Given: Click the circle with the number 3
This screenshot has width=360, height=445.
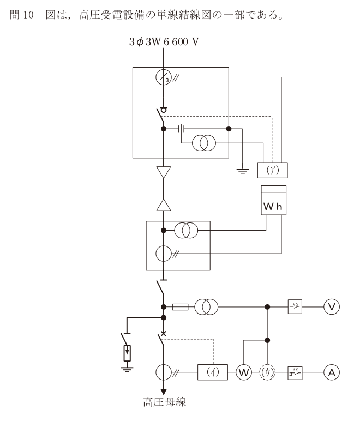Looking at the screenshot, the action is point(164,70).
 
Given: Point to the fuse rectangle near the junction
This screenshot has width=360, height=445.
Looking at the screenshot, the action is point(181,307).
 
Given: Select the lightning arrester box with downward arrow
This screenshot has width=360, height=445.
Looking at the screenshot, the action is point(127,353).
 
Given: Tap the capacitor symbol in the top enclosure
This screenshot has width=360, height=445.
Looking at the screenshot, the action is point(182,129).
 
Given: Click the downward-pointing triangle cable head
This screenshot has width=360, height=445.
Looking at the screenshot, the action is point(164,172).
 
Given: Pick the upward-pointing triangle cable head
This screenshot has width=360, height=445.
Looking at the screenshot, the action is point(164,205).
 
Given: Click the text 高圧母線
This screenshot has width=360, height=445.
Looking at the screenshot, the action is point(164,402).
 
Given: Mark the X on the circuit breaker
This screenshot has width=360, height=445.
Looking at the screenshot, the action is point(164,333).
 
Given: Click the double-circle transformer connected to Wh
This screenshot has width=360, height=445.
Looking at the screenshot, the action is point(186,231).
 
